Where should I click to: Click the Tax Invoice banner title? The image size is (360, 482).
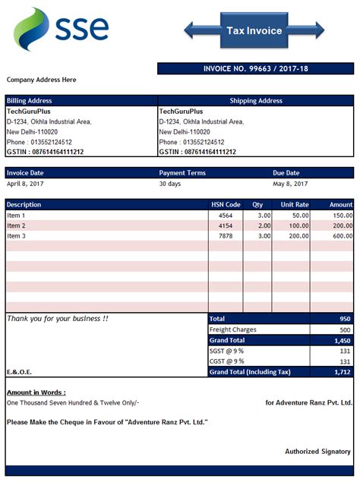click(254, 31)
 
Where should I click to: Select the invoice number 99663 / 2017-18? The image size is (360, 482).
click(255, 69)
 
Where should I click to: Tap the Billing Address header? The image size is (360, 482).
click(29, 100)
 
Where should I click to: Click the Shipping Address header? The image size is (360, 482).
click(256, 100)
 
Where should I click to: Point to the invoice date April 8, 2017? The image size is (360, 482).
click(27, 184)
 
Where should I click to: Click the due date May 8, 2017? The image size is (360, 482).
click(290, 184)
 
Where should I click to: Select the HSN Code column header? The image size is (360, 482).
click(226, 204)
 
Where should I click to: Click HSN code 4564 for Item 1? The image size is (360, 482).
click(226, 216)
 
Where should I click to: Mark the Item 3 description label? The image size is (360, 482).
click(17, 236)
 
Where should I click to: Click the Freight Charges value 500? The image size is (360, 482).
click(344, 330)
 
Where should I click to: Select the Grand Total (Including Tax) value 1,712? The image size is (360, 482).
click(343, 373)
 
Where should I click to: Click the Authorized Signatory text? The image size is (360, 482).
click(317, 452)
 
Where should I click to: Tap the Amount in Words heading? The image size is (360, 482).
click(36, 392)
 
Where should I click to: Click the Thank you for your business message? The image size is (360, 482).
click(58, 319)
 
